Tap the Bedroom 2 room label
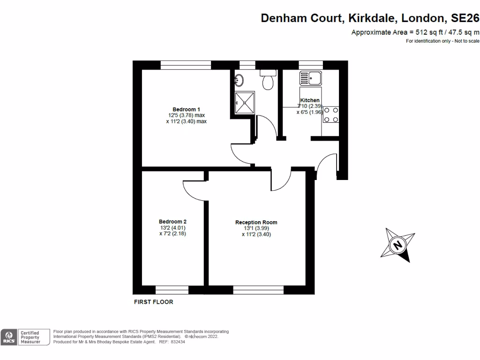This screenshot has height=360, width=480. point(172,222)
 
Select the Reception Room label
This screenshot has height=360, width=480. point(256,222)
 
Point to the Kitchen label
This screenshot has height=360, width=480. point(310,100)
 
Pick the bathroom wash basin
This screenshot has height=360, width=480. point(239,79)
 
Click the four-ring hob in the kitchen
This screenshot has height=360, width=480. point(331,115)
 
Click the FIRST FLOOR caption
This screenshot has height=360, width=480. point(154,302)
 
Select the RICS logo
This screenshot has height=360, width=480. point(8,337)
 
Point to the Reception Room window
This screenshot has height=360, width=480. point(258,290)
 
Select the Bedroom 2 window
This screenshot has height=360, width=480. point(172,290)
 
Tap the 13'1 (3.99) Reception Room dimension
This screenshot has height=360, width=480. point(256,228)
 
